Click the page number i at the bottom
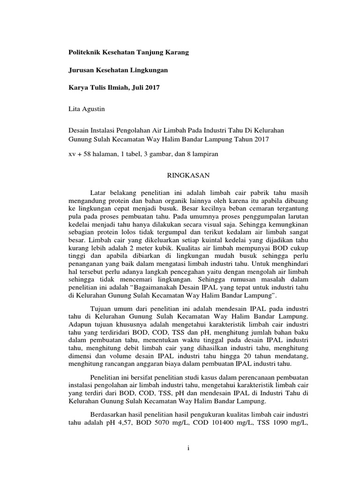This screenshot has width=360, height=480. [187, 448]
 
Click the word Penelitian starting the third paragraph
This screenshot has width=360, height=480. [105, 378]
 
